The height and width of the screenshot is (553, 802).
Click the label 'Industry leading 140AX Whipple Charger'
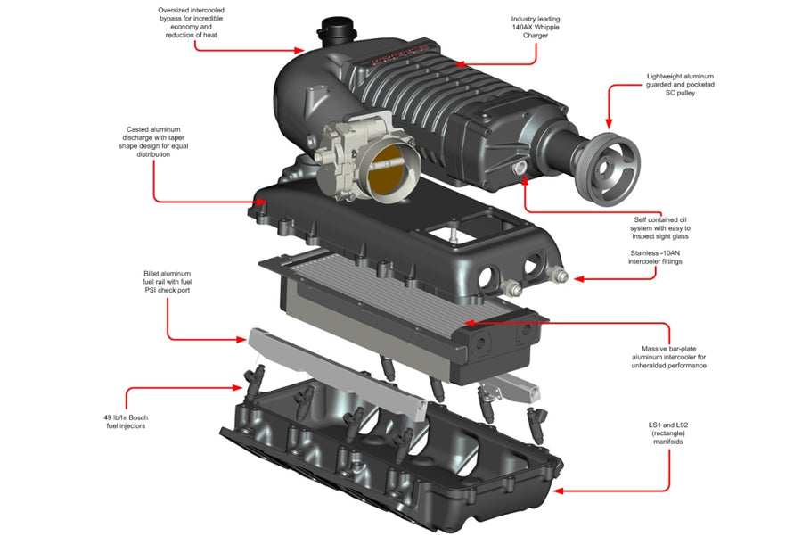tap(536, 27)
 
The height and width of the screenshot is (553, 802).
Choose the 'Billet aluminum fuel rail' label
tap(168, 281)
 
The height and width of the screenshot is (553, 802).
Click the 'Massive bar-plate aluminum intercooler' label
tap(674, 357)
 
